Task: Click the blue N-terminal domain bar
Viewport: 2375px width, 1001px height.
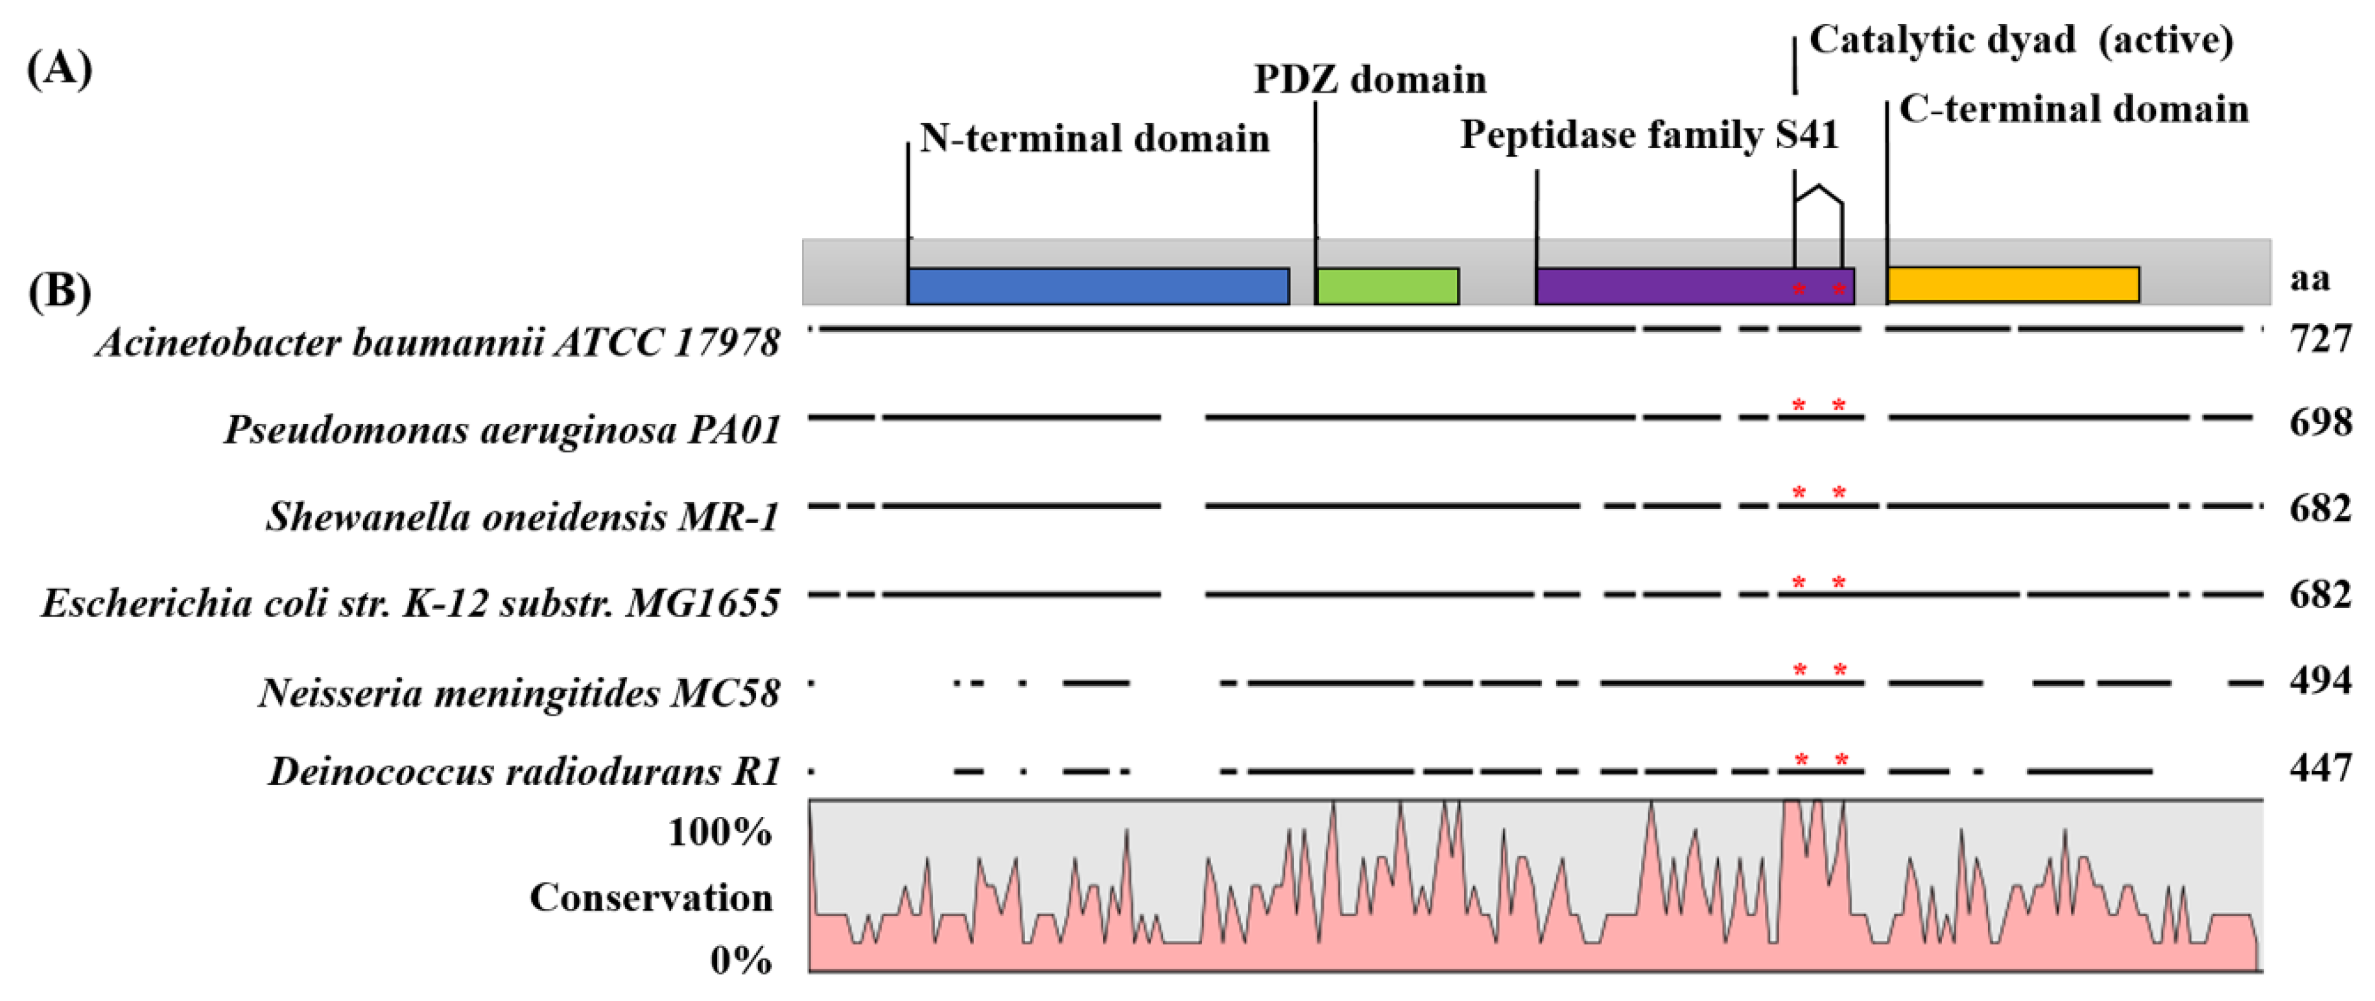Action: click(1097, 287)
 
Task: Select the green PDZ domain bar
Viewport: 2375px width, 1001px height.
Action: click(1387, 287)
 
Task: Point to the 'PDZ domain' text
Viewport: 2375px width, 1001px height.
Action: click(1370, 80)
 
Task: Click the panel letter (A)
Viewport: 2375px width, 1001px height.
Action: click(59, 69)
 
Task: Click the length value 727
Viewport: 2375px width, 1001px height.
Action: click(2320, 339)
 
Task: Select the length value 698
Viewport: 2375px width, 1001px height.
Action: click(2320, 422)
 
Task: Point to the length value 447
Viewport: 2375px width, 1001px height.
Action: click(2320, 768)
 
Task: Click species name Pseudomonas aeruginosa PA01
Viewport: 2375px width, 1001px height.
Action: click(502, 430)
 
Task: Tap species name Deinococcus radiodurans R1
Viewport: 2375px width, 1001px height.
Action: click(525, 771)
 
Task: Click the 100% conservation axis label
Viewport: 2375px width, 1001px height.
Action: click(719, 832)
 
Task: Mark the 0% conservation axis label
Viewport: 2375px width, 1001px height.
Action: click(740, 960)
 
